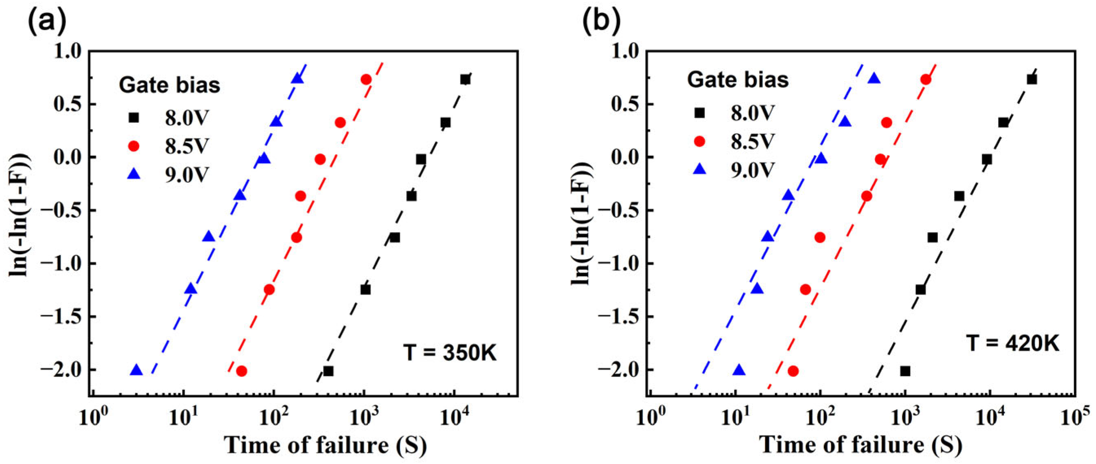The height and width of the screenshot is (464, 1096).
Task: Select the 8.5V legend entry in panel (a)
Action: click(187, 146)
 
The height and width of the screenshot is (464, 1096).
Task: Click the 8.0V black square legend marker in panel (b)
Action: click(700, 113)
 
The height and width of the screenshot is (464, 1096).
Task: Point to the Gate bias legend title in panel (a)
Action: click(169, 85)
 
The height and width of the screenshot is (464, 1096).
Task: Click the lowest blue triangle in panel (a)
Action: click(136, 370)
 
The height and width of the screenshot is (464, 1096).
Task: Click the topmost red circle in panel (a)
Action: click(366, 79)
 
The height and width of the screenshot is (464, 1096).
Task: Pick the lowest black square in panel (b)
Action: click(905, 371)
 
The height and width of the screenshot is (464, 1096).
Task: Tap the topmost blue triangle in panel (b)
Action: click(874, 79)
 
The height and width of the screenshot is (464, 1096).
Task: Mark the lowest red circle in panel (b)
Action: click(793, 371)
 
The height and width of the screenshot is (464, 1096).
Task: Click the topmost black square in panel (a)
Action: click(465, 79)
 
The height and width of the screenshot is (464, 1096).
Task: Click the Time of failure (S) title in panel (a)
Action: click(326, 445)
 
